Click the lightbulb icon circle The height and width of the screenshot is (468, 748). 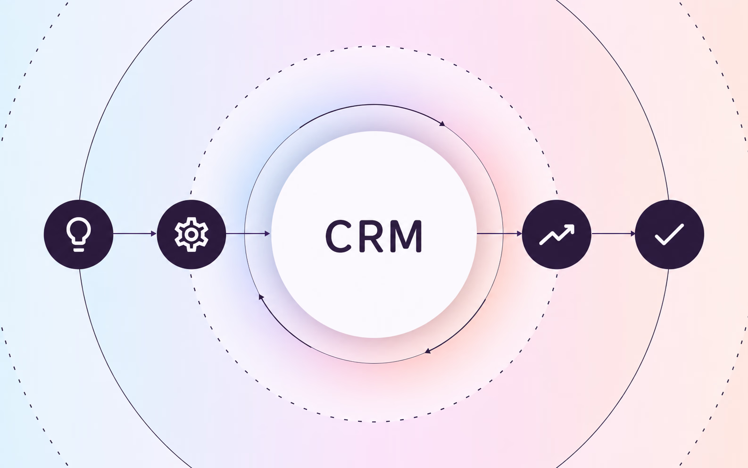(x=78, y=234)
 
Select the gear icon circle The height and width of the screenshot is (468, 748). (x=191, y=234)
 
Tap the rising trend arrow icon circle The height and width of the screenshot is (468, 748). (x=557, y=234)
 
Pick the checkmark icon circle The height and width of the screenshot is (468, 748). (x=670, y=234)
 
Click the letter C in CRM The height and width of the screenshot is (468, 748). (x=338, y=236)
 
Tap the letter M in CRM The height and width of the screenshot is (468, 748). (x=408, y=236)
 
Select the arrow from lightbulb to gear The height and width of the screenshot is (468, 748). (x=135, y=234)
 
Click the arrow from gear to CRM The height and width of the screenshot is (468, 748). (x=248, y=234)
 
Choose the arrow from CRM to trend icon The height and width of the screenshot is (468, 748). (x=499, y=234)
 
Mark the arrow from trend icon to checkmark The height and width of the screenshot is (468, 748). (x=614, y=234)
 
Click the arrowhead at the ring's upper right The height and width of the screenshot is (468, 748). (x=442, y=124)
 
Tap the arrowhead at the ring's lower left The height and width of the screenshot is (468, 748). (x=261, y=297)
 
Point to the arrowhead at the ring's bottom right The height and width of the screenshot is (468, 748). (x=428, y=351)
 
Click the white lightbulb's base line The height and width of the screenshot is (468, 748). (x=78, y=250)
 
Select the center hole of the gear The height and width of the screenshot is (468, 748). (x=191, y=234)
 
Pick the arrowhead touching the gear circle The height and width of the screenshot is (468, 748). (x=154, y=234)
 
